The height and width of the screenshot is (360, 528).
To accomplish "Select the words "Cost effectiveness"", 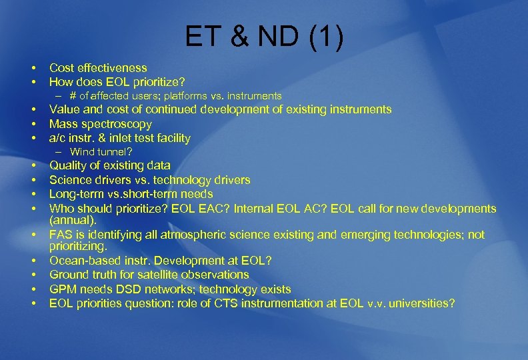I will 98,68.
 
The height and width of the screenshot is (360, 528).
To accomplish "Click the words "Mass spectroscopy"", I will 101,124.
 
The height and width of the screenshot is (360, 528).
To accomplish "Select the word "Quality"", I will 69,165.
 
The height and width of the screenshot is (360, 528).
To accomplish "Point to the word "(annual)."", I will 73,219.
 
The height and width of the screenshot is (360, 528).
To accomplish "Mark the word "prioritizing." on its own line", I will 78,246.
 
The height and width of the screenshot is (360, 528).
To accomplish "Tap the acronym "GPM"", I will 63,289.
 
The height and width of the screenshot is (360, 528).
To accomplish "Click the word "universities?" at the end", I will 423,303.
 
